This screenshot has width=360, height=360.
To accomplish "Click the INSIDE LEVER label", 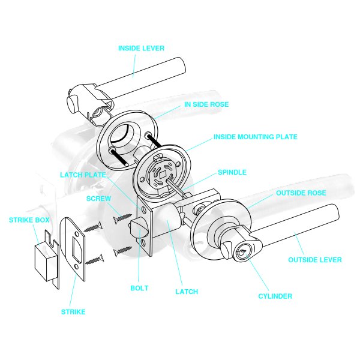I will (141, 48).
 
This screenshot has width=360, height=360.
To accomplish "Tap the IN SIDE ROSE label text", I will (206, 104).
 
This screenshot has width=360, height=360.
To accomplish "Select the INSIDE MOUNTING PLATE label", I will (256, 137).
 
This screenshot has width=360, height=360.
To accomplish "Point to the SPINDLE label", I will (232, 172).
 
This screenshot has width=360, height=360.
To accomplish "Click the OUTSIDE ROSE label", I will (301, 193).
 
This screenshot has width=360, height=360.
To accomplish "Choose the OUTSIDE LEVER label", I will (315, 260).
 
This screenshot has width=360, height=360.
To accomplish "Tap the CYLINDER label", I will (275, 296).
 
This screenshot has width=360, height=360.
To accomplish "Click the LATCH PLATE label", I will (83, 175).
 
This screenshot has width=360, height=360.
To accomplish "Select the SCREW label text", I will (98, 198).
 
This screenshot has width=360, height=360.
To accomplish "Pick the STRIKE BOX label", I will (29, 220).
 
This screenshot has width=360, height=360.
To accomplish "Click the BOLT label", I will (139, 288).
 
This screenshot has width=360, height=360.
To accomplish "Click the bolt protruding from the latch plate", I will (137, 229).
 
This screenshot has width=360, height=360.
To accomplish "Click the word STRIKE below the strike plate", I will (73, 312).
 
